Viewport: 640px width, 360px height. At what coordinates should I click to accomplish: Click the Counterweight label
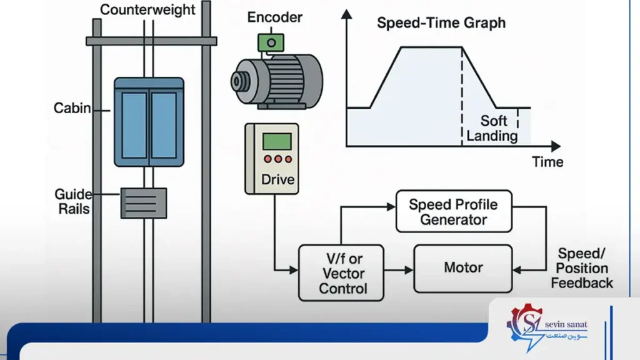pos(147,9)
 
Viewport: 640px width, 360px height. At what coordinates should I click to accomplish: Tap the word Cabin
pos(72,108)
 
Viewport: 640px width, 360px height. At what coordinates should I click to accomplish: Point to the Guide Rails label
pos(74,202)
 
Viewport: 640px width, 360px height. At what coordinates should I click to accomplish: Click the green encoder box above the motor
pos(271,42)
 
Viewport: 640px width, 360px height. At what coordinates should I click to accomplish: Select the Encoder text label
pos(275,17)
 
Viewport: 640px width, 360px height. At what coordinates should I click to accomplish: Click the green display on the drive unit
pos(277,141)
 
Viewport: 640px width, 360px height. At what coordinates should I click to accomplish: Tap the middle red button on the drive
pos(278,159)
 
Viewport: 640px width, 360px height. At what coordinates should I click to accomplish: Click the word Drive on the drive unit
pos(277,179)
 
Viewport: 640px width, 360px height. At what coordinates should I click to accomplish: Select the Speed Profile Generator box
pos(454,211)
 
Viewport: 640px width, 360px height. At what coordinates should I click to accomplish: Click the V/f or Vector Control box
pos(341,273)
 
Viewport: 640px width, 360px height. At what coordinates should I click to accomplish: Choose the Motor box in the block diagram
pos(463,269)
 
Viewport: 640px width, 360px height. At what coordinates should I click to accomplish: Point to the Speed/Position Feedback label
pos(582,268)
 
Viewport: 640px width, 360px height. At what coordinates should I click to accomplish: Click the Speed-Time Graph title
pos(441,23)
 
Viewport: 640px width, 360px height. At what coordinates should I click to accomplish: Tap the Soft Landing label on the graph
pos(492,128)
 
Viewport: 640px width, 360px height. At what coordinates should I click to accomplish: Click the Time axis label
pos(547,162)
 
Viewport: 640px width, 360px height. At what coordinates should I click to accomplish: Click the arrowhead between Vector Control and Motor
pos(409,270)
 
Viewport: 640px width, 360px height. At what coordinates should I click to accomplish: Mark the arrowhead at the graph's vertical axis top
pos(346,14)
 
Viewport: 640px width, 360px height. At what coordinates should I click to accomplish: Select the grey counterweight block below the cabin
pos(144,203)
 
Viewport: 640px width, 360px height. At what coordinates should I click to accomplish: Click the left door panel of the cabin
pos(134,125)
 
